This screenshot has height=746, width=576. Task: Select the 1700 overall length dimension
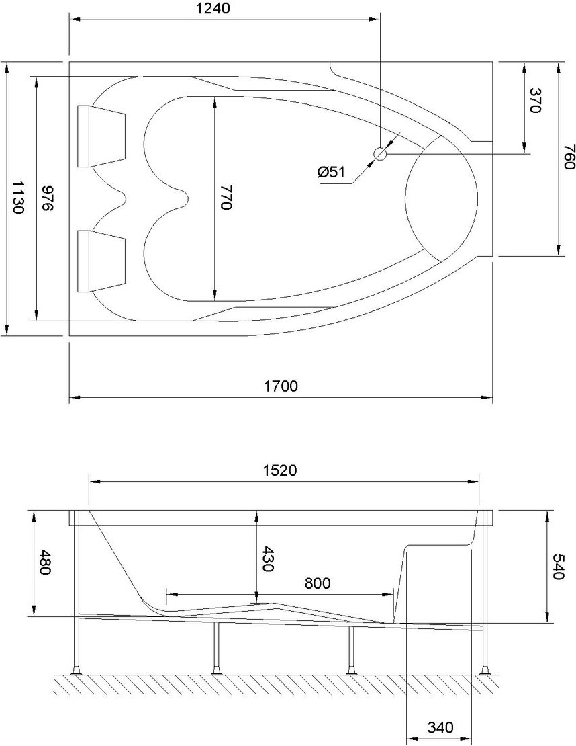point(281,386)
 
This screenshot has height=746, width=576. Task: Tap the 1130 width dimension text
point(18,197)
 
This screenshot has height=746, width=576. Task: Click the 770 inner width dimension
point(226,198)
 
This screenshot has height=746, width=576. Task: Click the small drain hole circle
point(380,154)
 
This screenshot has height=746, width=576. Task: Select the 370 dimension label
point(535,101)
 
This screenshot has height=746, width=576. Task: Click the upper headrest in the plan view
point(101,136)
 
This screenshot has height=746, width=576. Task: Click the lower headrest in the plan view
point(101,261)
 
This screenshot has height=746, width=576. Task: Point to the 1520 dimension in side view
point(280,470)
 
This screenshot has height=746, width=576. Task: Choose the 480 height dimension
point(45,563)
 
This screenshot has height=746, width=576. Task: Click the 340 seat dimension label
point(440,727)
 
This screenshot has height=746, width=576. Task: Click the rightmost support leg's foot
point(485,669)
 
